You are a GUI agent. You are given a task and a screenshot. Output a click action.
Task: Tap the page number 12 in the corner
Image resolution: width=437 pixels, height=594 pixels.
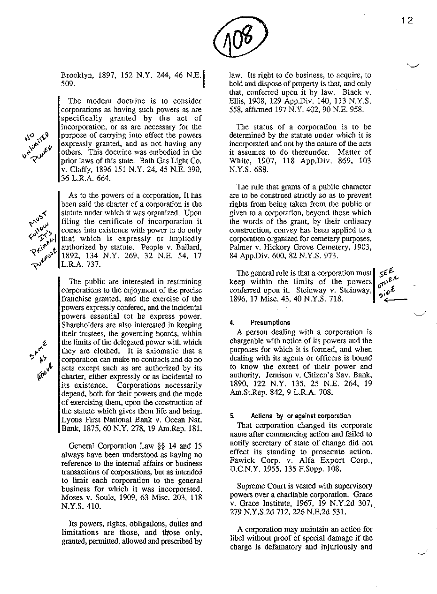pos(406,21)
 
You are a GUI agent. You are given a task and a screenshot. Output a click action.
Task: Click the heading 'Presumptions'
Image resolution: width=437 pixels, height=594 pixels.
pos(270,323)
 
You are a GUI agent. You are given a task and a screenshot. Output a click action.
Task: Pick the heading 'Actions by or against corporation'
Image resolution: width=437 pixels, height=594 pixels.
pos(300,416)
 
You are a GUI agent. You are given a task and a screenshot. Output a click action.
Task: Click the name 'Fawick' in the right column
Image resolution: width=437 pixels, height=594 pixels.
pos(243,460)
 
